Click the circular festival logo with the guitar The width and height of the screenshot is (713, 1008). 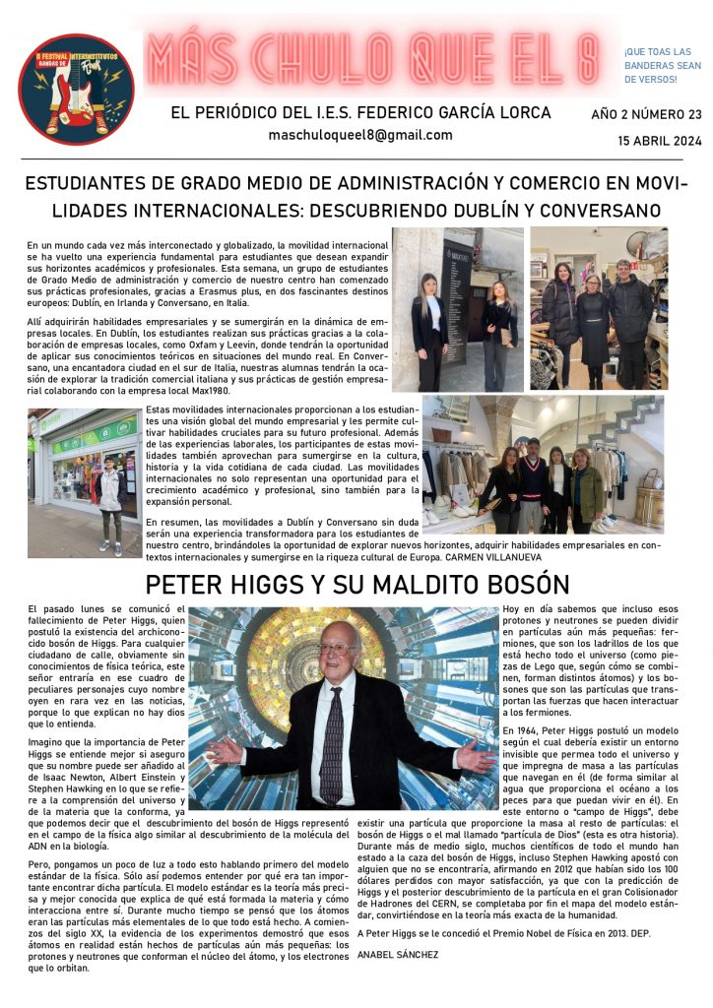click(x=76, y=90)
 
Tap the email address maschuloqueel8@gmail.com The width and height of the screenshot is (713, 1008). click(x=360, y=136)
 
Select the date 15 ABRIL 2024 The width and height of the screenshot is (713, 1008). click(x=660, y=140)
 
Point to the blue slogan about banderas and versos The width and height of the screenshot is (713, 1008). click(x=657, y=65)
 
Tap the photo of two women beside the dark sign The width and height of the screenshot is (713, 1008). click(x=457, y=309)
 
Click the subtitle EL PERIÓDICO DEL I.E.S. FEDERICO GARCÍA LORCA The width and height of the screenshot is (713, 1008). click(x=360, y=113)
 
